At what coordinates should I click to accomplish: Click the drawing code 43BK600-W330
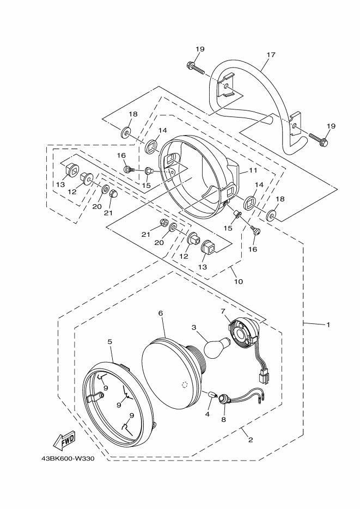68,458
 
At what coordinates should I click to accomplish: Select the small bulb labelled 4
210,394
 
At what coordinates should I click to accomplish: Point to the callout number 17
271,54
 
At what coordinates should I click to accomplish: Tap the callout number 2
251,440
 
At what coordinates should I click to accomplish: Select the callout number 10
238,281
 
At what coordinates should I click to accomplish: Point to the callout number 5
110,341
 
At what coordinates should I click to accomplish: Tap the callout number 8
223,420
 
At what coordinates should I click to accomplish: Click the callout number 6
161,313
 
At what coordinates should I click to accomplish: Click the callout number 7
223,311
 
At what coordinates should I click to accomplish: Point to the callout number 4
207,414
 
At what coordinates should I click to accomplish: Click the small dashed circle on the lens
184,385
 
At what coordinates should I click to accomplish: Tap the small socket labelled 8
223,400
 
